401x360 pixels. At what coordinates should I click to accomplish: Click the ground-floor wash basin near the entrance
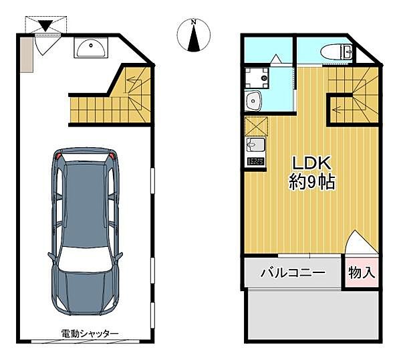click(88, 48)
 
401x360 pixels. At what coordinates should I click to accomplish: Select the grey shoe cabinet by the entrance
click(25, 53)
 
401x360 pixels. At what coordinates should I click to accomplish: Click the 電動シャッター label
click(90, 333)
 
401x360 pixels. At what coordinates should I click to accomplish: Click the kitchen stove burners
click(255, 161)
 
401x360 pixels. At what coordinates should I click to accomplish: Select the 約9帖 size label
click(311, 181)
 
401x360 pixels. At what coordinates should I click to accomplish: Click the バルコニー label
click(292, 273)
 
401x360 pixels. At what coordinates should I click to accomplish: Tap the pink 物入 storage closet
click(362, 273)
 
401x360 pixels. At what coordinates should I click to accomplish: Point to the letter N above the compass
click(194, 23)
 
